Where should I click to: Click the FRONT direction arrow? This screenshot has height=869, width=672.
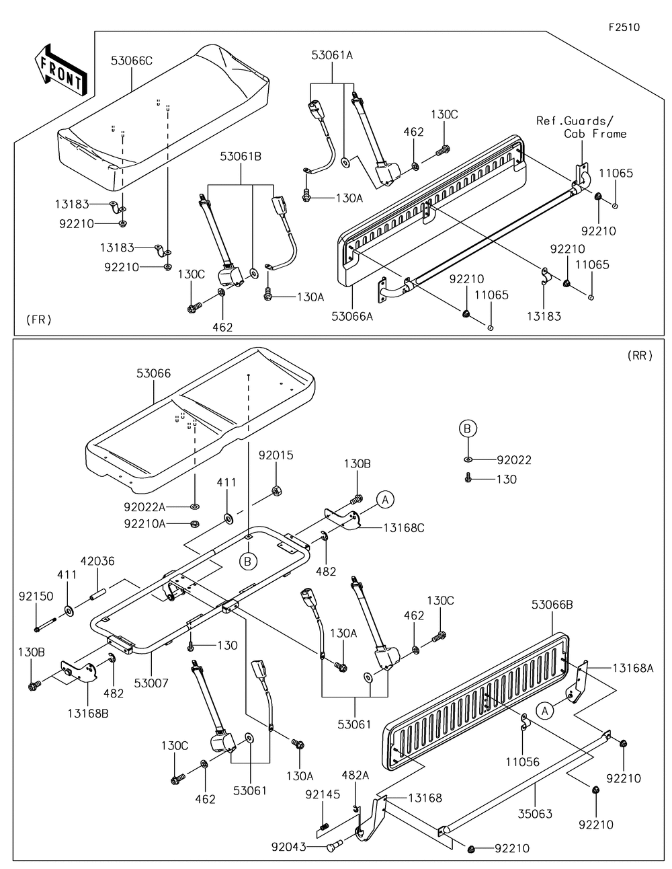pyautogui.click(x=60, y=71)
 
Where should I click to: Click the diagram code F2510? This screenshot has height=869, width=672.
pyautogui.click(x=624, y=27)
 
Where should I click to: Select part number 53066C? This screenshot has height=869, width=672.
pyautogui.click(x=132, y=61)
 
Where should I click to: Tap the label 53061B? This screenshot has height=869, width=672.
pyautogui.click(x=241, y=157)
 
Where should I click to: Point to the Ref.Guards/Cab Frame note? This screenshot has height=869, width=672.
pyautogui.click(x=581, y=127)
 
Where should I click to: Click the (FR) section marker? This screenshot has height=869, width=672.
pyautogui.click(x=39, y=319)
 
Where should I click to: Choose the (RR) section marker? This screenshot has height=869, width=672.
pyautogui.click(x=640, y=355)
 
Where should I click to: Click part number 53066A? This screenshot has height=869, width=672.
pyautogui.click(x=352, y=316)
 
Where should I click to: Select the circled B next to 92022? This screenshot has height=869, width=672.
pyautogui.click(x=468, y=428)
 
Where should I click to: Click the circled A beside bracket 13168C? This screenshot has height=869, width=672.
pyautogui.click(x=385, y=500)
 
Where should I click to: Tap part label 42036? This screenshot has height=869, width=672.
pyautogui.click(x=97, y=561)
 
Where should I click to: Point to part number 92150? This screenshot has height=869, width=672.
pyautogui.click(x=36, y=597)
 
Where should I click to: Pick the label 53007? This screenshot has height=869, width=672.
pyautogui.click(x=151, y=683)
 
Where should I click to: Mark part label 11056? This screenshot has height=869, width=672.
pyautogui.click(x=523, y=762)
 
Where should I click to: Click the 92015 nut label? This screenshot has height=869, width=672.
pyautogui.click(x=276, y=455)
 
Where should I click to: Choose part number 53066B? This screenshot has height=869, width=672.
pyautogui.click(x=552, y=615)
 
